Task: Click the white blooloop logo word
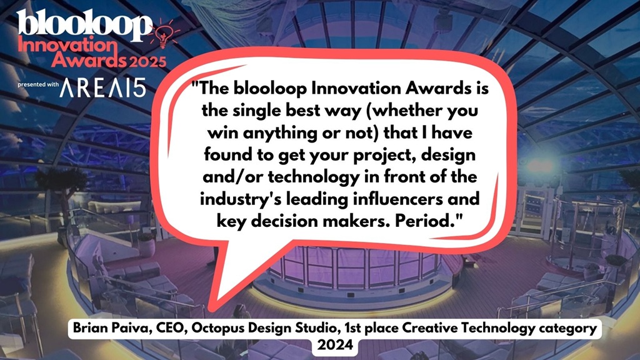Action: [x=84, y=24]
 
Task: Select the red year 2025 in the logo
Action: [x=147, y=61]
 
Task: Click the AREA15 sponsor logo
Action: [x=102, y=87]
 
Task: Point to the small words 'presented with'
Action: [x=38, y=84]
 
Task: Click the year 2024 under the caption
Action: [x=335, y=345]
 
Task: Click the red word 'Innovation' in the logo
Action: [x=67, y=45]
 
